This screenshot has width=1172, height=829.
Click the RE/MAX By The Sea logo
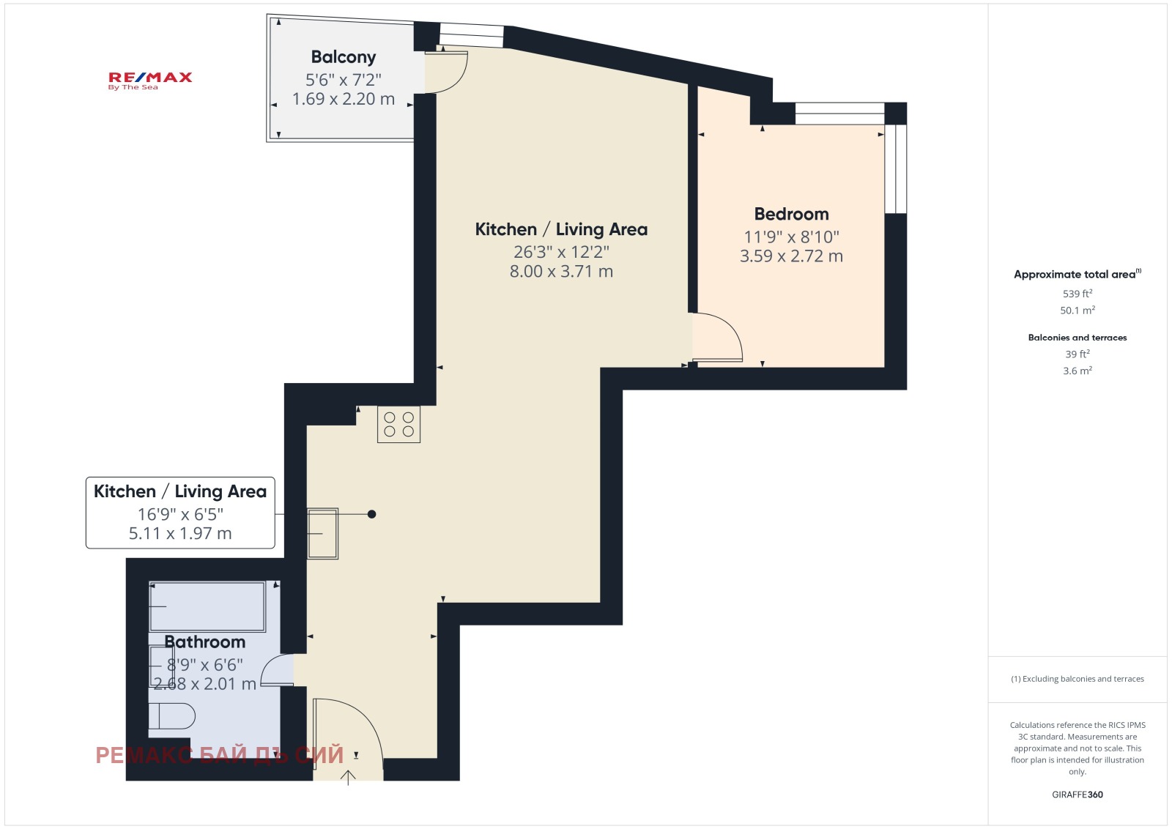click(150, 81)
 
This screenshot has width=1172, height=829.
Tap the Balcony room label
click(344, 56)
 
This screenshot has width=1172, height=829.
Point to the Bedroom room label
click(791, 213)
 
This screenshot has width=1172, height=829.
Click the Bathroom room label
click(204, 642)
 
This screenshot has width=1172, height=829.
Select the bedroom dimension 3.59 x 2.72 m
click(791, 256)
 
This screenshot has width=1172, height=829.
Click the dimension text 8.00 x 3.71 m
click(561, 271)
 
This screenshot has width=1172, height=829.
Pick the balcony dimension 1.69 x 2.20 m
click(344, 98)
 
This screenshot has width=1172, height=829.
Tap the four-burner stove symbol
click(398, 424)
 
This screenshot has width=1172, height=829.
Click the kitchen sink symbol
click(322, 533)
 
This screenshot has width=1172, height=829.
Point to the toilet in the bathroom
click(171, 716)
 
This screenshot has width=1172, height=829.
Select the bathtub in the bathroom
click(208, 606)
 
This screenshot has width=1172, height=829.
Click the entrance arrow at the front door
click(348, 778)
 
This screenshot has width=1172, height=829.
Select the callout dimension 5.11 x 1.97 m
click(180, 533)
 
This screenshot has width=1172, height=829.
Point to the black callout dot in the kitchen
click(371, 514)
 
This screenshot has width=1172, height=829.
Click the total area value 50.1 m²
click(1078, 311)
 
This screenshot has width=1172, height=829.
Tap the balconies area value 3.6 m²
click(1078, 371)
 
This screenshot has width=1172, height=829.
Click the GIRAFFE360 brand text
click(1078, 795)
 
